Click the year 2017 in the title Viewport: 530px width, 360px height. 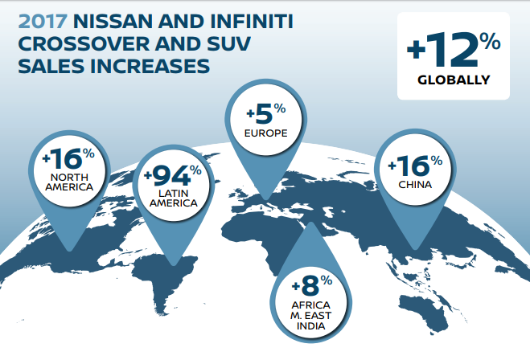tap(43, 22)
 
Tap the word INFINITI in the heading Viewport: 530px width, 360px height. tap(252, 22)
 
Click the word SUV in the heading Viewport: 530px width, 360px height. tap(228, 44)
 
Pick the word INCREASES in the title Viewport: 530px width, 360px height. tap(150, 66)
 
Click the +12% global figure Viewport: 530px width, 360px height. tap(454, 50)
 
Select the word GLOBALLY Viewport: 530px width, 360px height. tap(454, 80)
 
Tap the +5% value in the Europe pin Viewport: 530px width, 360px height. tap(266, 114)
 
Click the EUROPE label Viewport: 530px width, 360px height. tap(266, 133)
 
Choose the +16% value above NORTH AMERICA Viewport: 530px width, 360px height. tap(68, 158)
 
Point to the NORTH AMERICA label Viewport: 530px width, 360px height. tap(69, 182)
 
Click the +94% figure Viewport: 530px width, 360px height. tap(173, 175)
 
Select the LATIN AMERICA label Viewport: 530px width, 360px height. tap(174, 198)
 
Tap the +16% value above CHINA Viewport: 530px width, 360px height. tap(416, 166)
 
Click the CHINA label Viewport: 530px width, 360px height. tap(415, 185)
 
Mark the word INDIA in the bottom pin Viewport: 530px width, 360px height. tap(311, 326)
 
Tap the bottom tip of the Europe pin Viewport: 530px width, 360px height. tap(265, 199)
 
